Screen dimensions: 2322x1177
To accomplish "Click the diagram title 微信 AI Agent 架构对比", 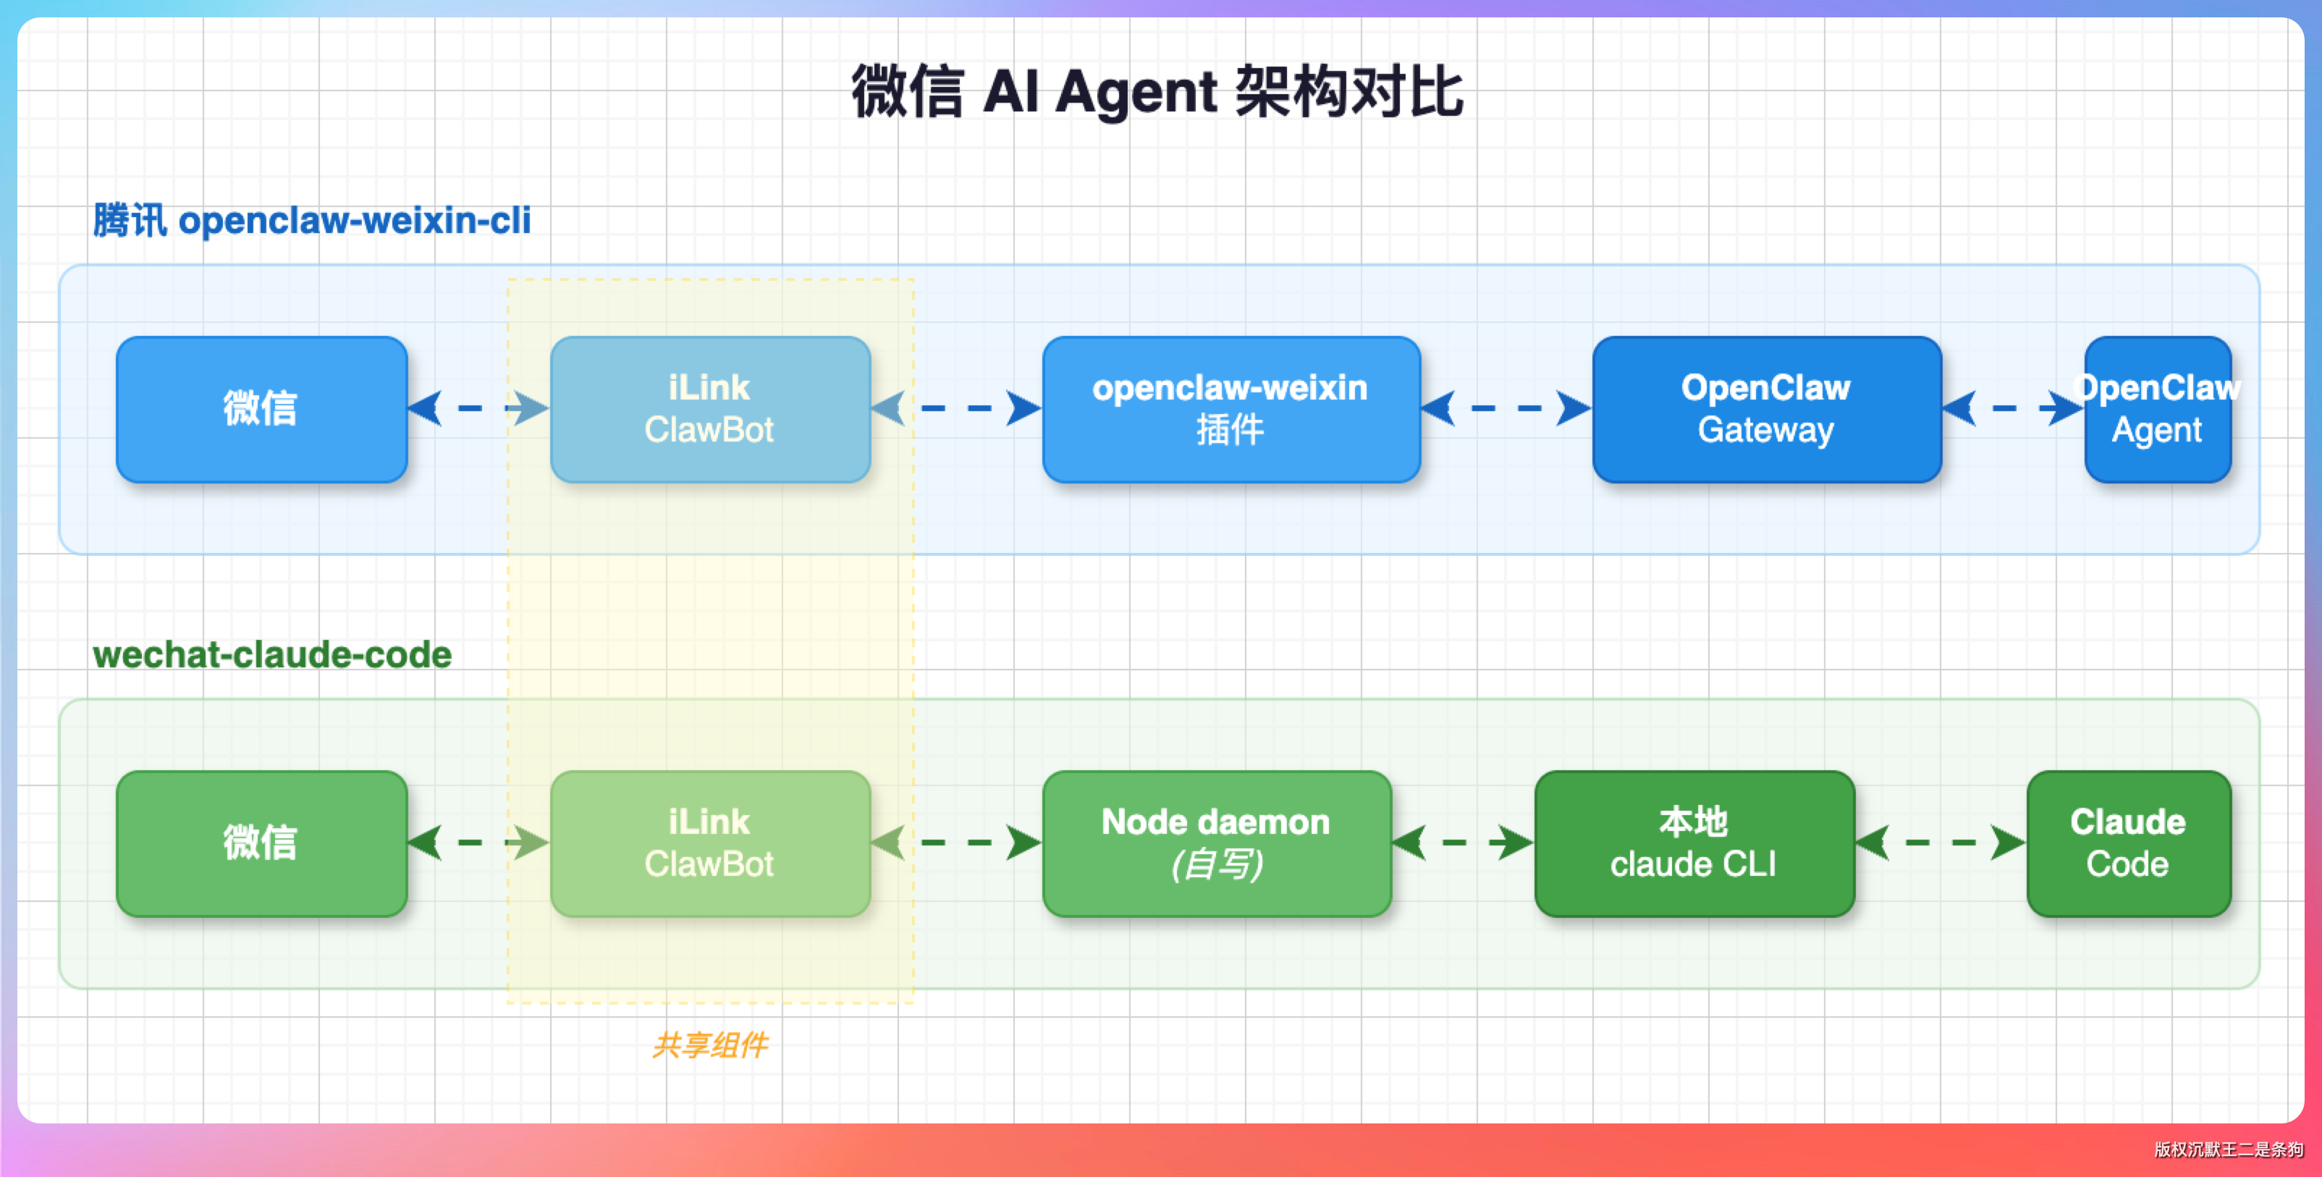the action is click(x=1157, y=92).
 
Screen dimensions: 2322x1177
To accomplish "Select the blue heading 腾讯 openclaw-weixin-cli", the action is click(x=312, y=220).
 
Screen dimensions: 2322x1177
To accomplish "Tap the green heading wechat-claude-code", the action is click(x=272, y=654).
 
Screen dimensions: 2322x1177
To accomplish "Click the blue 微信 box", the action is click(x=261, y=409).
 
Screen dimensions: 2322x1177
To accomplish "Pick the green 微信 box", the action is click(x=261, y=843).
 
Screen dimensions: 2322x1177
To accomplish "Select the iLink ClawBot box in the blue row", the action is click(x=710, y=409).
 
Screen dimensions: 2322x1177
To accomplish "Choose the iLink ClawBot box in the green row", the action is click(x=710, y=843).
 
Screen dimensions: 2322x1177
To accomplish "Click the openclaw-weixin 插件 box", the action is click(x=1231, y=409).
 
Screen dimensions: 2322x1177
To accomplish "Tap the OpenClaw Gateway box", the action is click(x=1767, y=409).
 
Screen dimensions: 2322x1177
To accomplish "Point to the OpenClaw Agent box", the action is click(x=2158, y=409).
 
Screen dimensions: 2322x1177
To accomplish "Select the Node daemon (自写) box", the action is click(x=1217, y=843).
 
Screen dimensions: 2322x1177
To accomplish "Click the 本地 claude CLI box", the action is click(x=1694, y=843).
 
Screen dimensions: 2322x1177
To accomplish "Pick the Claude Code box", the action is click(x=2129, y=843).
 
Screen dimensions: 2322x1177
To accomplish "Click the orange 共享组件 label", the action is click(x=710, y=1045).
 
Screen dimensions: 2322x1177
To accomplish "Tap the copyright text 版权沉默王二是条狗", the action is click(x=2228, y=1149).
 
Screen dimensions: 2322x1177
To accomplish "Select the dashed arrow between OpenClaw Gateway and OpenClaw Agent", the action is click(x=2014, y=408).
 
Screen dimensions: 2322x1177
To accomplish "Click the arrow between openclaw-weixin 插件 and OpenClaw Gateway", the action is click(x=1506, y=408).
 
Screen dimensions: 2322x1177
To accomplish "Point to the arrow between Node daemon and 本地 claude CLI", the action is click(x=1463, y=843).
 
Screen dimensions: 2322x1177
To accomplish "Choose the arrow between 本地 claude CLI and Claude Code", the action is click(x=1941, y=843).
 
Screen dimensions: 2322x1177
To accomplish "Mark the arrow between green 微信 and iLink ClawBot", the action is click(x=478, y=843).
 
